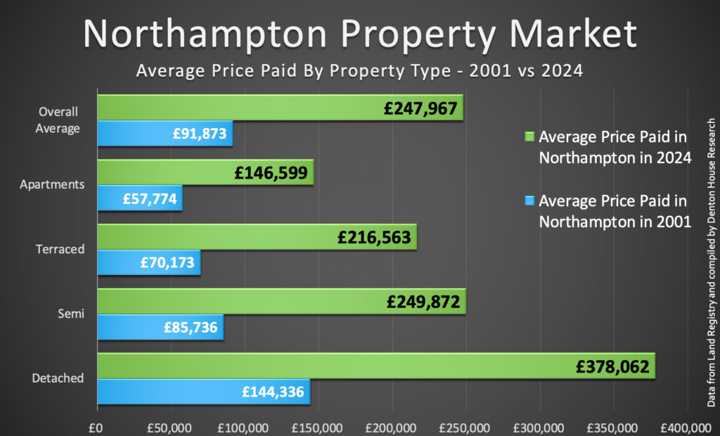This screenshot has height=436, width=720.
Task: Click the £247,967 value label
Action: click(420, 108)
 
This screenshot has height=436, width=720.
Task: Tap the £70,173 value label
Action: click(169, 263)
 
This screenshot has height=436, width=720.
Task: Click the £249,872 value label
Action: click(423, 302)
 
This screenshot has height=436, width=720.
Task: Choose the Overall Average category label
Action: click(58, 120)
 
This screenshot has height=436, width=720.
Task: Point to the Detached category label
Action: click(58, 378)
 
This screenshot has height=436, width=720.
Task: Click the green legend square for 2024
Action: click(530, 136)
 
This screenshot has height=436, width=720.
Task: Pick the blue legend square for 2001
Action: click(530, 200)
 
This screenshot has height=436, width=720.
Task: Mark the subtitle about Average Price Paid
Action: click(359, 71)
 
